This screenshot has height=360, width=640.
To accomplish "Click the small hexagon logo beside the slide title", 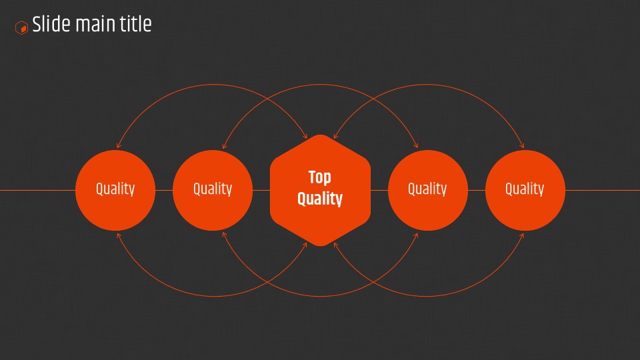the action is pos(21,28).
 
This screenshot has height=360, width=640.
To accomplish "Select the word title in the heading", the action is pos(135,24).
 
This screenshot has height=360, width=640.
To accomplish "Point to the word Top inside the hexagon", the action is pos(319,177).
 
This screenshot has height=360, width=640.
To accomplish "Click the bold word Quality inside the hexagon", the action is pos(319,199).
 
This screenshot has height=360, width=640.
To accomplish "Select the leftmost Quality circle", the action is pos(115,190).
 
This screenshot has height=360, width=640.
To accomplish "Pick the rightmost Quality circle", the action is pos(525,190).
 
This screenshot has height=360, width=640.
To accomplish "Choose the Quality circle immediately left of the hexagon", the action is pos(213,190).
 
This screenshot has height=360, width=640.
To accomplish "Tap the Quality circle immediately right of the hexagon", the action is pos(428,190).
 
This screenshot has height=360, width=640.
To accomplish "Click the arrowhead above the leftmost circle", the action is pos(119,145).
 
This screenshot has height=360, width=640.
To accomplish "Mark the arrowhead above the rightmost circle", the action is pos(522,145).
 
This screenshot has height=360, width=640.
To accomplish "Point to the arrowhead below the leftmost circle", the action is pos(119,236).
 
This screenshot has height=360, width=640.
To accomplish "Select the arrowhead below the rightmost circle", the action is pos(522,236).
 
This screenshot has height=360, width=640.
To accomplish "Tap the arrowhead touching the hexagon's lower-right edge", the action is pos(335,245).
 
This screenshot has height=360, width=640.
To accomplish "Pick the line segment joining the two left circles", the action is pos(164,190).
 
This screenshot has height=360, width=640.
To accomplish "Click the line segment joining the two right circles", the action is pos(477,190).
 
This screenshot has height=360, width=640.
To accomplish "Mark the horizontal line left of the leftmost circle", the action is pos(37,190).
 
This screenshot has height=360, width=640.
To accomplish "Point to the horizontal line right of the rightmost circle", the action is pos(603,190).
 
